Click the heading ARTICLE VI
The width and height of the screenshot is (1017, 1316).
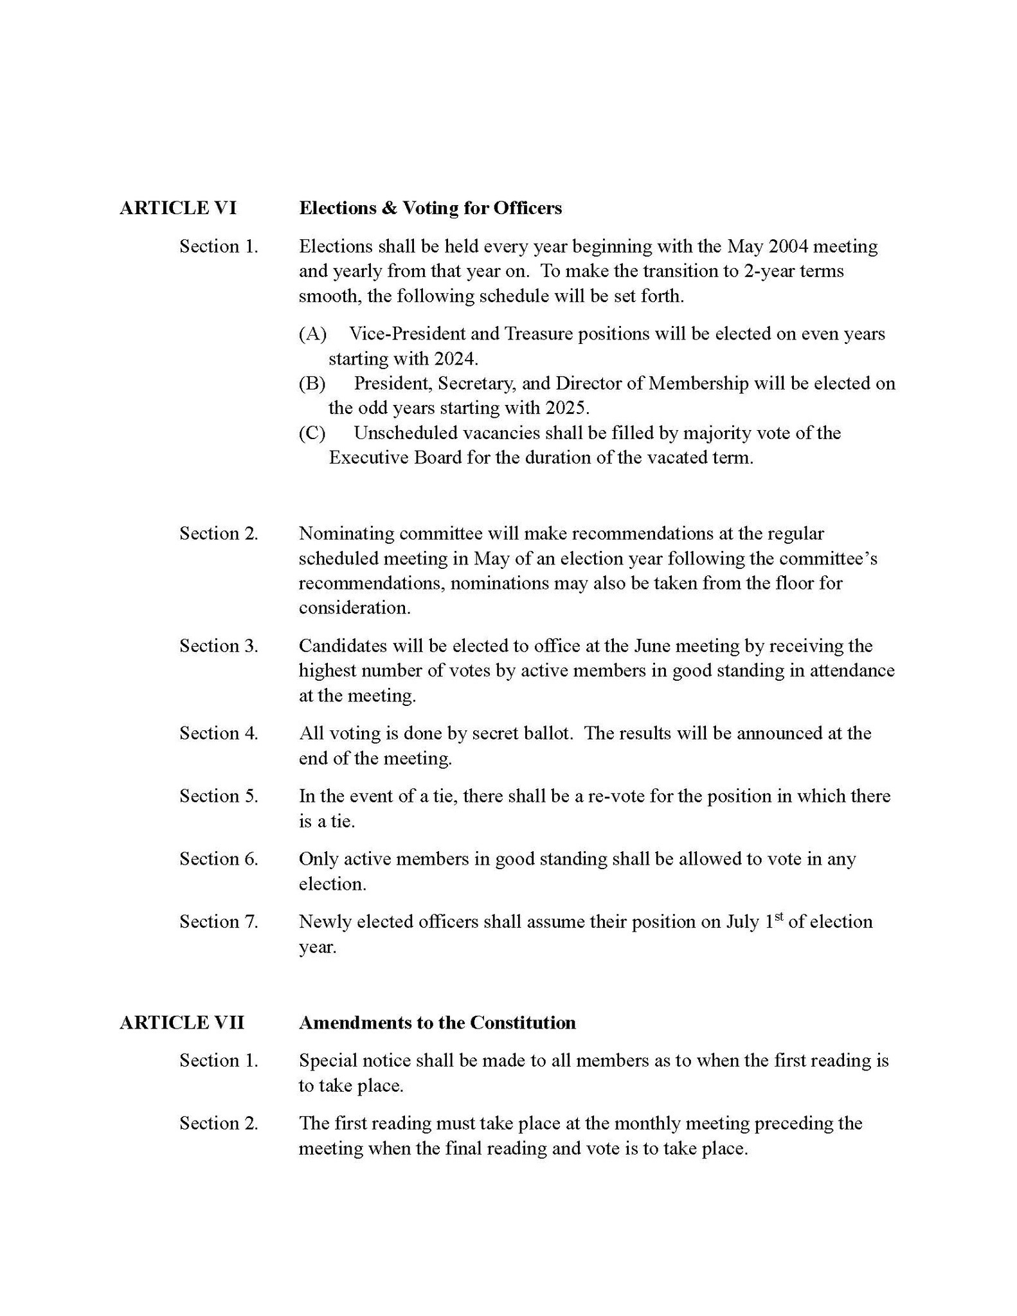(x=177, y=208)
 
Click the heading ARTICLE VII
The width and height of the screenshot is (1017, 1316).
(x=182, y=1023)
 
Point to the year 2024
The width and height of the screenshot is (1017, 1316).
(x=456, y=358)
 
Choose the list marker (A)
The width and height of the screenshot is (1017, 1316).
(x=313, y=334)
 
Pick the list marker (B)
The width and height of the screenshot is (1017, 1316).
(x=312, y=383)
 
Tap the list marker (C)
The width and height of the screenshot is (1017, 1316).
(x=312, y=433)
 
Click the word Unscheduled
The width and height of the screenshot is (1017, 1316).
(x=406, y=433)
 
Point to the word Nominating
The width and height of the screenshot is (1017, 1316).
(x=346, y=534)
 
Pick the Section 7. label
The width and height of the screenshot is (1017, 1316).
(x=219, y=922)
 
